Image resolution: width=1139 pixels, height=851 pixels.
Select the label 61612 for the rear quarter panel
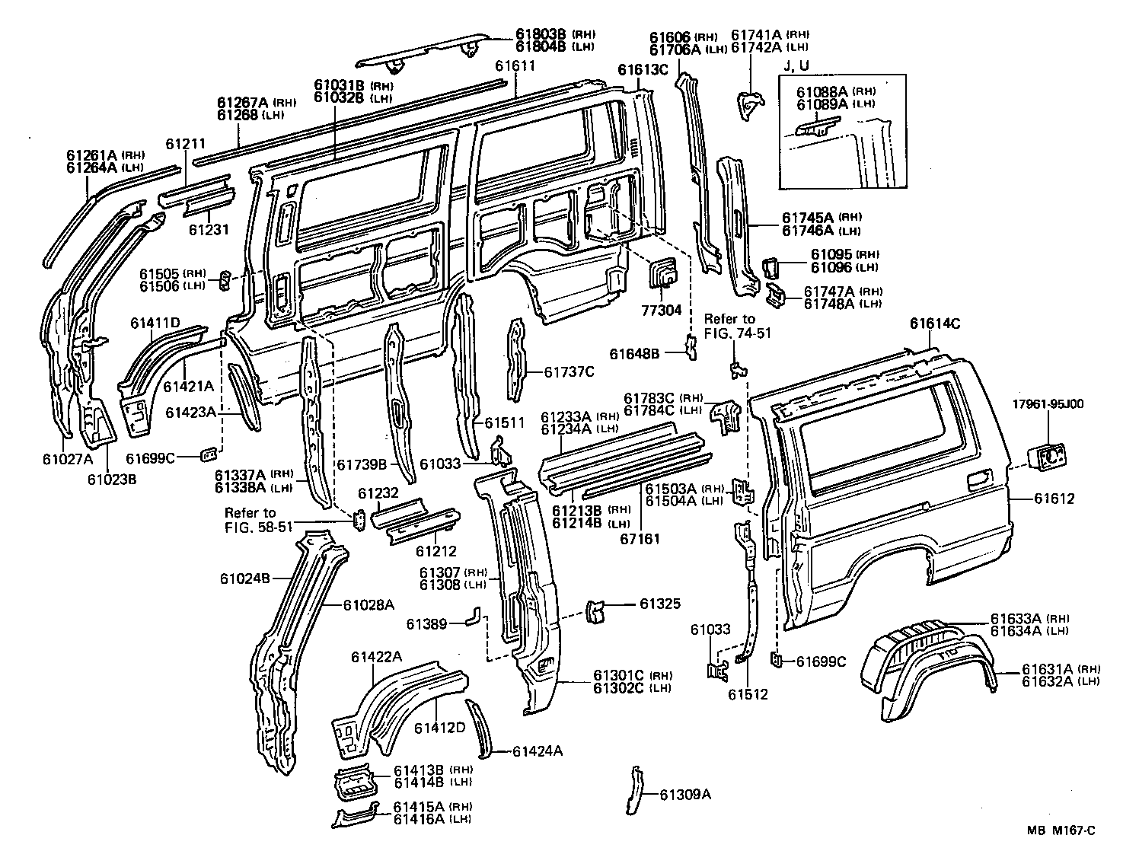click(1054, 499)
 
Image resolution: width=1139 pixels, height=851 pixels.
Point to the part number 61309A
click(684, 795)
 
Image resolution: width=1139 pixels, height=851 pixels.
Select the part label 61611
click(515, 65)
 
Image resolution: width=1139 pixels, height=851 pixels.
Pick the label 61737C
click(569, 372)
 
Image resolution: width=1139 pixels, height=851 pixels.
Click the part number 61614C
click(934, 324)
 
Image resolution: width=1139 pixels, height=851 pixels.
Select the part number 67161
click(640, 539)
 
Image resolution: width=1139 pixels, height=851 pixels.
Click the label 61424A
click(537, 752)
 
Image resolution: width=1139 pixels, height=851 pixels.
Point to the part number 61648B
click(634, 353)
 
